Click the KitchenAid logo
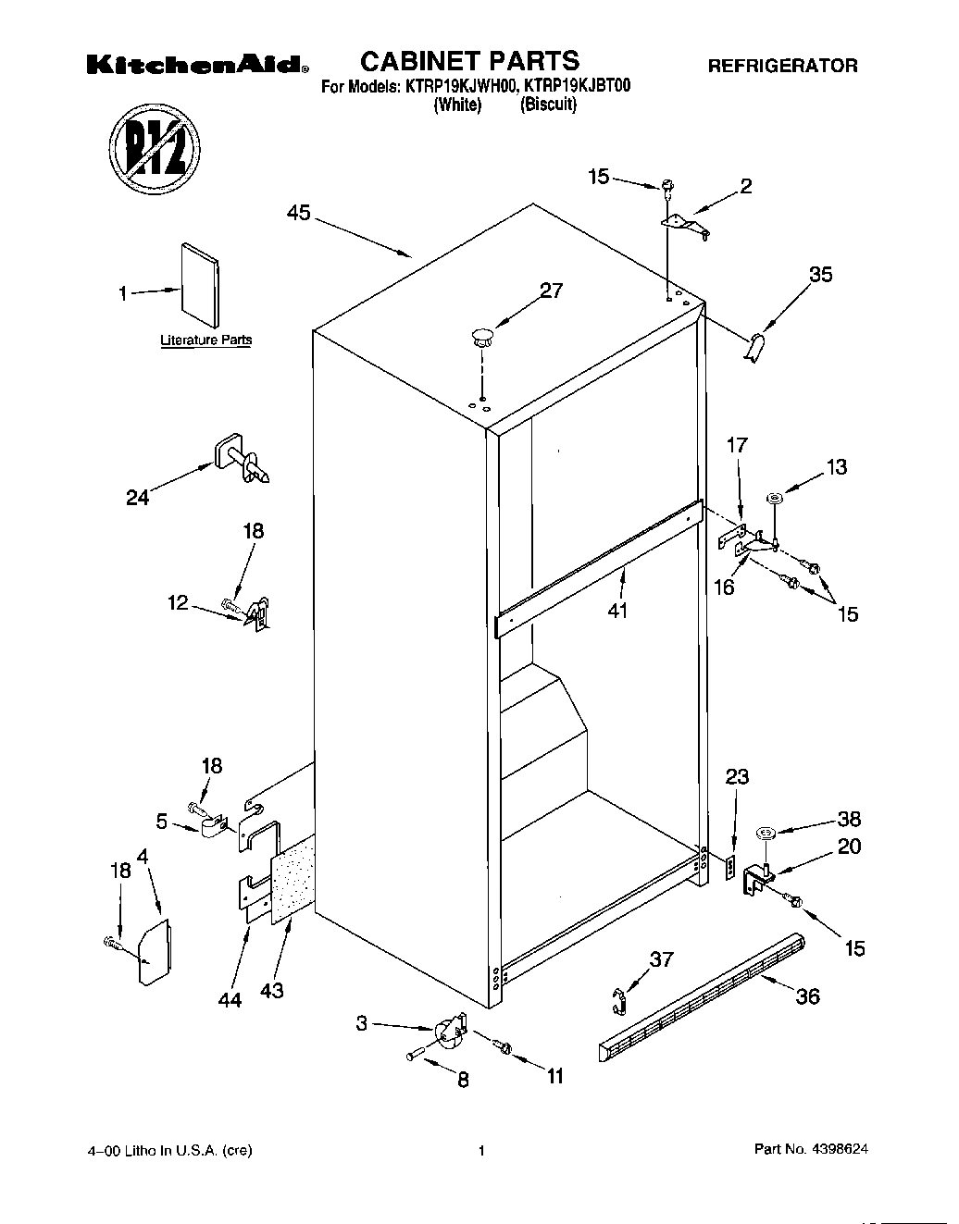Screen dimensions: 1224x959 tap(197, 64)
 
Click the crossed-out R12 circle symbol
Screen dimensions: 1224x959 tap(154, 149)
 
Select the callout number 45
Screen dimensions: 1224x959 tap(298, 214)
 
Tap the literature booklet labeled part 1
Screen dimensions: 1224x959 tap(199, 286)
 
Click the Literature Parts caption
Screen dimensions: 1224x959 tap(205, 340)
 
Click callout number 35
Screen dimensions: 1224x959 tap(820, 275)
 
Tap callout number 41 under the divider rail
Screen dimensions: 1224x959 tap(617, 611)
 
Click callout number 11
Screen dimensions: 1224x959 tap(554, 1076)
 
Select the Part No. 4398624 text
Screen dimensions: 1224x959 tap(811, 1150)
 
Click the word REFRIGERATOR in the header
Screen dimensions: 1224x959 tap(782, 66)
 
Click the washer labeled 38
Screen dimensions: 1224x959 tap(766, 834)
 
